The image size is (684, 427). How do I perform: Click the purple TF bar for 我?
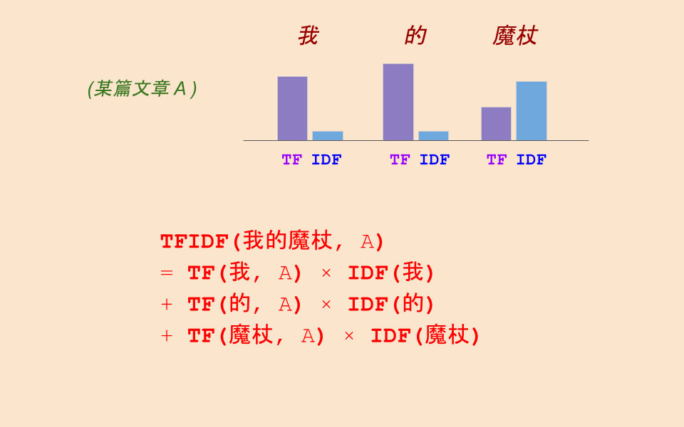pyautogui.click(x=292, y=108)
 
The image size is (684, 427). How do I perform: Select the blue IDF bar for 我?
pyautogui.click(x=327, y=136)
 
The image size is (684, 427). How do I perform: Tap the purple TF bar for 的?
pyautogui.click(x=398, y=102)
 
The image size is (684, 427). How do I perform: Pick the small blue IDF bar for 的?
pyautogui.click(x=433, y=136)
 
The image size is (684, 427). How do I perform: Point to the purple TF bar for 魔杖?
pyautogui.click(x=496, y=124)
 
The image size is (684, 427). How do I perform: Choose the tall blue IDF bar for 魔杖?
pyautogui.click(x=531, y=111)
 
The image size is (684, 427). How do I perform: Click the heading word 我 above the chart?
pyautogui.click(x=308, y=36)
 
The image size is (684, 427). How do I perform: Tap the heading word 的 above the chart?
pyautogui.click(x=415, y=36)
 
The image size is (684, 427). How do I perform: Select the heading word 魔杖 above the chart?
pyautogui.click(x=514, y=36)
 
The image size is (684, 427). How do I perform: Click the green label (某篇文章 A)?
pyautogui.click(x=142, y=89)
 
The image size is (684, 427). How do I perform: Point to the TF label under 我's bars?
pyautogui.click(x=292, y=160)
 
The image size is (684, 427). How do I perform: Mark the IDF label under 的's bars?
pyautogui.click(x=435, y=160)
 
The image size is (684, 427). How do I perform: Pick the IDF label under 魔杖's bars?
pyautogui.click(x=532, y=160)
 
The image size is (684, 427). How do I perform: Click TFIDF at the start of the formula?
pyautogui.click(x=194, y=242)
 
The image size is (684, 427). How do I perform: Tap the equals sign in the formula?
pyautogui.click(x=167, y=273)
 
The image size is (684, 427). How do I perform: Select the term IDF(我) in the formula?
pyautogui.click(x=391, y=273)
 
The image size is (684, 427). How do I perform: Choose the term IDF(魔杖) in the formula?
pyautogui.click(x=425, y=336)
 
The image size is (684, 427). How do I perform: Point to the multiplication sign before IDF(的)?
pyautogui.click(x=326, y=305)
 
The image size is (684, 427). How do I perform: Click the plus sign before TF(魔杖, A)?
pyautogui.click(x=167, y=336)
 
